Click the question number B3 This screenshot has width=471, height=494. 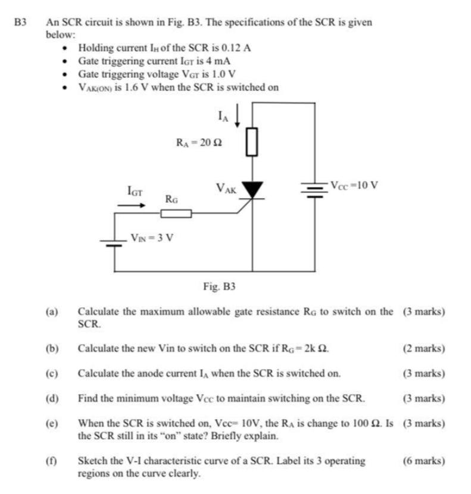(x=21, y=22)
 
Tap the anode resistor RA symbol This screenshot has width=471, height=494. (x=252, y=142)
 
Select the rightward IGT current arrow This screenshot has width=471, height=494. (x=131, y=205)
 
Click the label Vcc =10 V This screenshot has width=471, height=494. (x=354, y=184)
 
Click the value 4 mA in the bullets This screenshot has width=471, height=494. (x=218, y=61)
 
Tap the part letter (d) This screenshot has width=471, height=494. (x=54, y=398)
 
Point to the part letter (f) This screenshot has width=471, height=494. (x=54, y=461)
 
